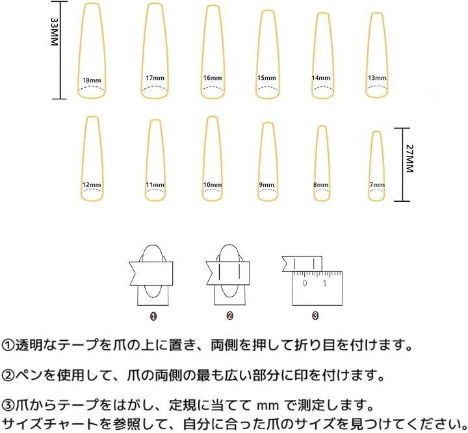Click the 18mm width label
[92, 80]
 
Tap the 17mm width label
[155, 78]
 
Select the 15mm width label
[266, 78]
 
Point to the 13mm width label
[377, 78]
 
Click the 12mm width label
[92, 185]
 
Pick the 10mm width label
[212, 185]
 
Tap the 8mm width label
[321, 185]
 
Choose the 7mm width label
[377, 185]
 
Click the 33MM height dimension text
[54, 31]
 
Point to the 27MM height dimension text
[409, 158]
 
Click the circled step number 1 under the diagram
[153, 316]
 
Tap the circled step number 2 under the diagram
[229, 316]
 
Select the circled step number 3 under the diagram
[315, 316]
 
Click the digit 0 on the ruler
[305, 282]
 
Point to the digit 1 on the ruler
[325, 282]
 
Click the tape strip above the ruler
[302, 264]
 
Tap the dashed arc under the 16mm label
[212, 88]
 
